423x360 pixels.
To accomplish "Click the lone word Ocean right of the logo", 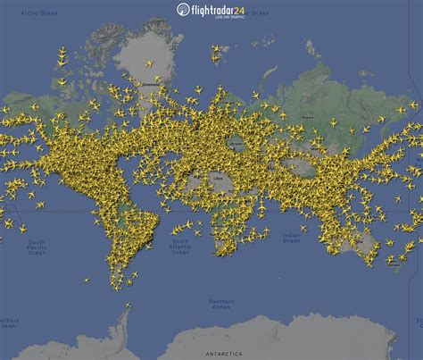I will click(x=261, y=13).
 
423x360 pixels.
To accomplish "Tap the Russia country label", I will click(x=309, y=117).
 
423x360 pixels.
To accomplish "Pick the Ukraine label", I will click(x=236, y=142).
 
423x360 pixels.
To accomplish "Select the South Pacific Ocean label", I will click(x=37, y=247).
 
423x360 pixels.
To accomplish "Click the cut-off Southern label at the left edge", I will click(x=8, y=320).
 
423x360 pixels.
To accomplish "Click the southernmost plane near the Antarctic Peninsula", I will click(x=126, y=306).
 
